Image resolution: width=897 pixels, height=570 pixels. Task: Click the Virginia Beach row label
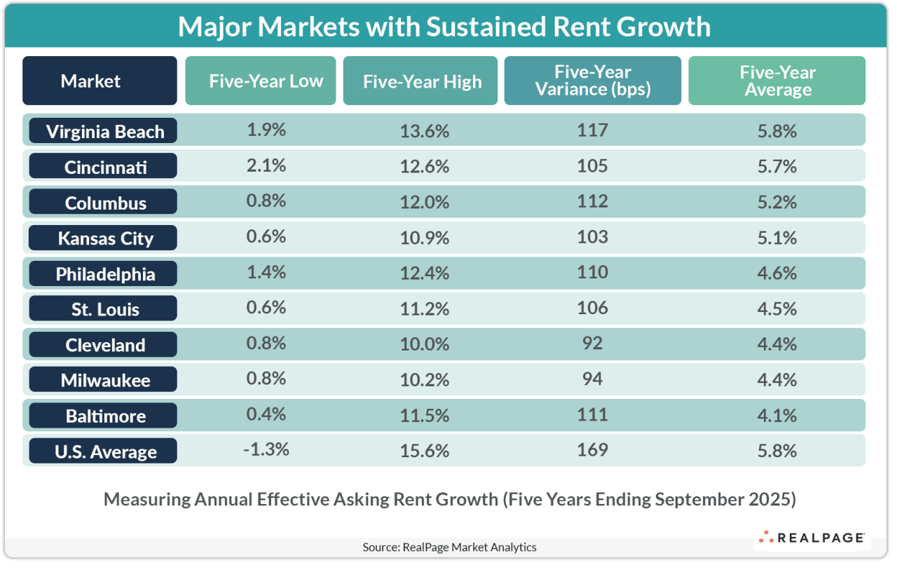(103, 131)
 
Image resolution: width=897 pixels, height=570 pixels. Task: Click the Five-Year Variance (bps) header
(593, 81)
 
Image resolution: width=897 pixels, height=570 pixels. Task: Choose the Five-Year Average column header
(777, 81)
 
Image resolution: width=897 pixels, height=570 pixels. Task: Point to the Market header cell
(90, 81)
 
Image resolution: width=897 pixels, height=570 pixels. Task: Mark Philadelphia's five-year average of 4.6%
(777, 273)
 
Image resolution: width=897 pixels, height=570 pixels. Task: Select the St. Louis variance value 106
(593, 308)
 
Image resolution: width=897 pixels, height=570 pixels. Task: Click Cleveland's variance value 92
(593, 344)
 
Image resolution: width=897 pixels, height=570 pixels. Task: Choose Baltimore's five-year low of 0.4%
(266, 414)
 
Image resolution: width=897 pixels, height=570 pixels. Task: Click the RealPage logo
(812, 538)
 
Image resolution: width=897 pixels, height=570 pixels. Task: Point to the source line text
(449, 548)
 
